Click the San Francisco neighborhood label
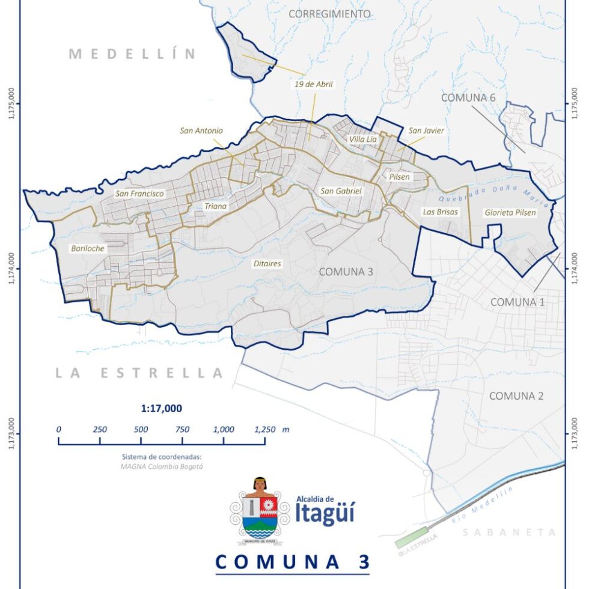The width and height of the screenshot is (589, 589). (x=139, y=194)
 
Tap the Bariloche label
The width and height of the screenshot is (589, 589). (x=88, y=248)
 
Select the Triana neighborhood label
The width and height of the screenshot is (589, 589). (x=215, y=207)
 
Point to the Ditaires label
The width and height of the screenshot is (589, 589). (x=267, y=263)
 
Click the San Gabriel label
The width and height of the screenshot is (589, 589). (x=341, y=191)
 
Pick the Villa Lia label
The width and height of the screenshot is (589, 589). (x=363, y=139)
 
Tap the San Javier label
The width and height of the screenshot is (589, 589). (x=426, y=130)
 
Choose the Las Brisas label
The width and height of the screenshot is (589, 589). (x=440, y=212)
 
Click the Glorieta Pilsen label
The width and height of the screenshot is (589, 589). (x=510, y=213)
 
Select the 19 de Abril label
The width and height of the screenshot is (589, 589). (x=313, y=85)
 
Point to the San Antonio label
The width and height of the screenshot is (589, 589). (x=201, y=130)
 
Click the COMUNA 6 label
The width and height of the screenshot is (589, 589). (x=468, y=97)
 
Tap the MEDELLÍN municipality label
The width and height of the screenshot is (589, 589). (x=132, y=54)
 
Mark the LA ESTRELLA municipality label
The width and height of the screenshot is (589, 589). (x=139, y=373)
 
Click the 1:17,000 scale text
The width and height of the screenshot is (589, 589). (x=162, y=409)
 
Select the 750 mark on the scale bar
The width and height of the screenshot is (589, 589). (x=182, y=430)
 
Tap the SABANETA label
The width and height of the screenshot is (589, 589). (x=510, y=533)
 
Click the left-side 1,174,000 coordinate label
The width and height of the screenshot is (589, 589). (x=11, y=269)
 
